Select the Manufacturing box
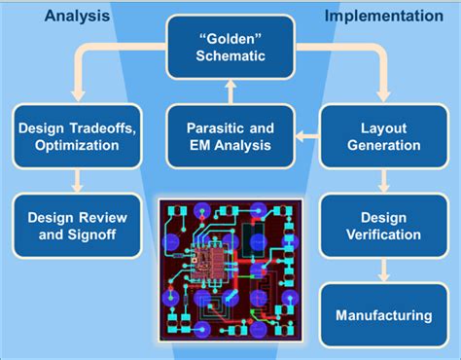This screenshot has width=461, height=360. click(383, 314)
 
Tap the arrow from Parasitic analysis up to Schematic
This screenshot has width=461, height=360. click(230, 92)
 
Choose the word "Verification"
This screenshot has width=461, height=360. click(383, 234)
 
